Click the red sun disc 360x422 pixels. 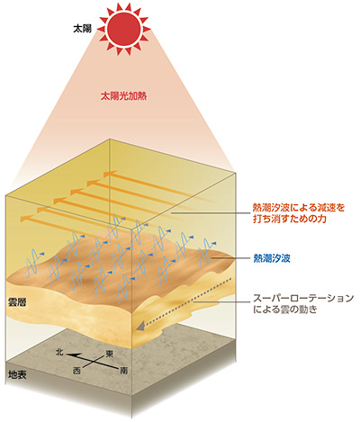pos(123,29)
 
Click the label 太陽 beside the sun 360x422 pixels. pos(82,29)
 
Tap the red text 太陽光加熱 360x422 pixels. pos(124,96)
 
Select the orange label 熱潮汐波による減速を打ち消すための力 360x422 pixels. pos(299,213)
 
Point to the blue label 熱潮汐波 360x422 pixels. pos(272,258)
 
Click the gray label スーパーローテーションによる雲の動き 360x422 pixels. pos(303,304)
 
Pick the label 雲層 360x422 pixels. pos(17,302)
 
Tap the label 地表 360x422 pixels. pos(17,374)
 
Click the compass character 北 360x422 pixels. pos(59,352)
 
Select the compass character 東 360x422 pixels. pos(109,355)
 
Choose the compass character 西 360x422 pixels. pos(76,371)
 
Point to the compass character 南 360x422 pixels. pos(124,371)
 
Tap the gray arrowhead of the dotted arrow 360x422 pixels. pos(139,326)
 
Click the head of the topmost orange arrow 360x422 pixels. pos(109,174)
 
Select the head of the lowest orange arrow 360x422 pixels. pos(25,219)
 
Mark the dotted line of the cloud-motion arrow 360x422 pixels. pos(187,301)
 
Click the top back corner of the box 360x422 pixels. pos(110,139)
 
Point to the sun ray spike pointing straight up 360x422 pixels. pos(124,6)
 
